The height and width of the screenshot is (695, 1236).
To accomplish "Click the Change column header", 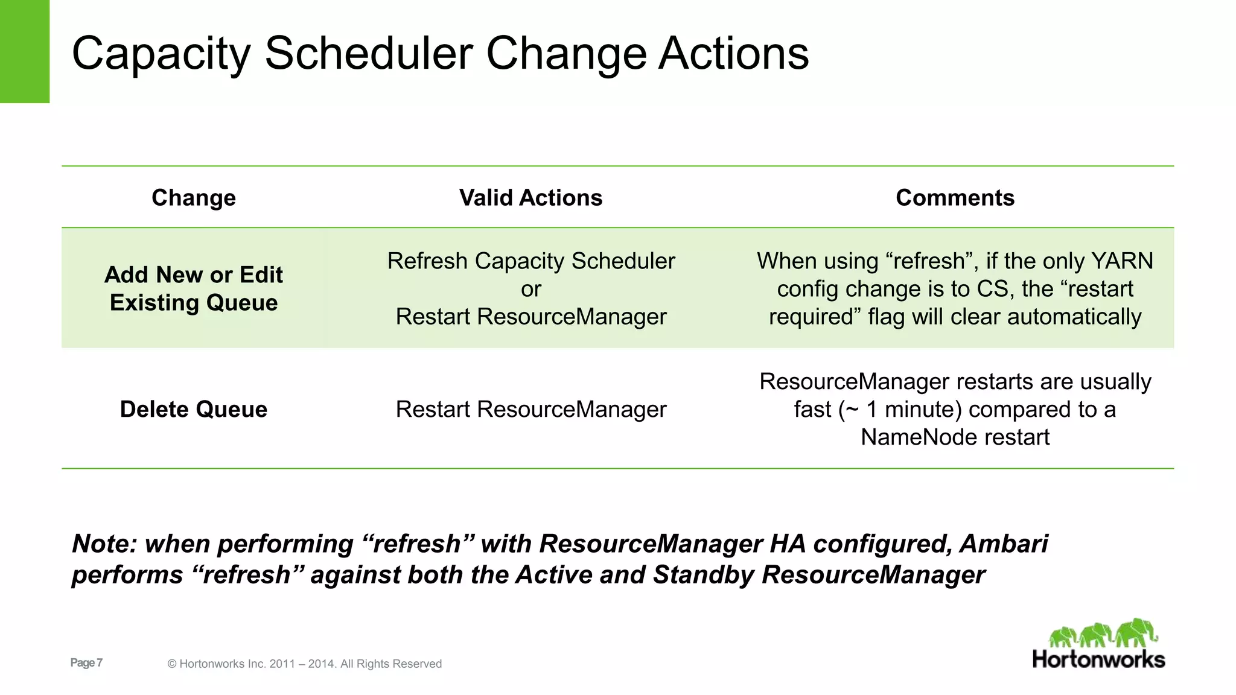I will (x=193, y=198).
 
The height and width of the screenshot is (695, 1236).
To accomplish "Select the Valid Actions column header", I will (x=530, y=198).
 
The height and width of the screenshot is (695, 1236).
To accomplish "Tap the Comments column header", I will (x=955, y=198).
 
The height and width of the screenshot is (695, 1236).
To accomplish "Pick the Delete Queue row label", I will (x=193, y=410).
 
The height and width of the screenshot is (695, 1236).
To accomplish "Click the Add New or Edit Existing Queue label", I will (x=193, y=288).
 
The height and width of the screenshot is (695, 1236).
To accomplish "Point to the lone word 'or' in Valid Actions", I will (x=530, y=290).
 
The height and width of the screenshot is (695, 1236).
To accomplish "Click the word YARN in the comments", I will (x=1122, y=261).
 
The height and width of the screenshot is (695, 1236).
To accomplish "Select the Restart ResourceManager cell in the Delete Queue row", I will (x=530, y=410).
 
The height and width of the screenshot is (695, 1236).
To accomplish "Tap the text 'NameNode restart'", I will (x=955, y=437).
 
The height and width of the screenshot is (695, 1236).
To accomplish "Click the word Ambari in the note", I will (x=1004, y=544).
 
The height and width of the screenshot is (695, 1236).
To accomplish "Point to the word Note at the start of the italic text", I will (x=105, y=544).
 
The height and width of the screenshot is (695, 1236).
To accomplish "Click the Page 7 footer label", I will (x=86, y=663).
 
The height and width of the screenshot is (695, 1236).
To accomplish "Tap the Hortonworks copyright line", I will (x=304, y=664).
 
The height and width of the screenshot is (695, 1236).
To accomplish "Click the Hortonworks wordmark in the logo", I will (x=1098, y=659).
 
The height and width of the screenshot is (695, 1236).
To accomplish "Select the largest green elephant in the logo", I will (x=1136, y=632).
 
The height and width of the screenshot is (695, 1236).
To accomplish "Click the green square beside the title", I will (x=24, y=51).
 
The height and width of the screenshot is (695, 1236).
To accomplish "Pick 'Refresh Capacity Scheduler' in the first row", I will (x=530, y=261).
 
